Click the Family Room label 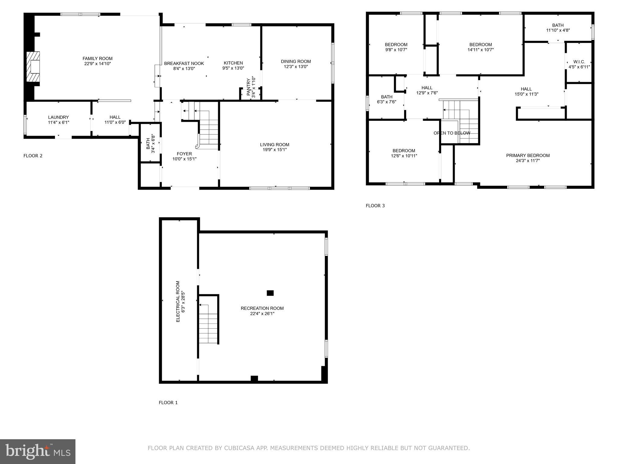(97, 59)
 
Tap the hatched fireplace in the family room (33, 66)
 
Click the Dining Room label (296, 61)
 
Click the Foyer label (184, 154)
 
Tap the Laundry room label (59, 117)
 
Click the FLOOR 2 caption (33, 156)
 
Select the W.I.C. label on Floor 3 (579, 62)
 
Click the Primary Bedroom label (528, 156)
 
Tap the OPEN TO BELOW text (452, 133)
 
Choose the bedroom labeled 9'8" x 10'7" (396, 47)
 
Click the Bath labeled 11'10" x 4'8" (558, 28)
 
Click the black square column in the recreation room (270, 293)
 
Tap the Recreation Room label (262, 308)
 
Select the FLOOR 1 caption (168, 403)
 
